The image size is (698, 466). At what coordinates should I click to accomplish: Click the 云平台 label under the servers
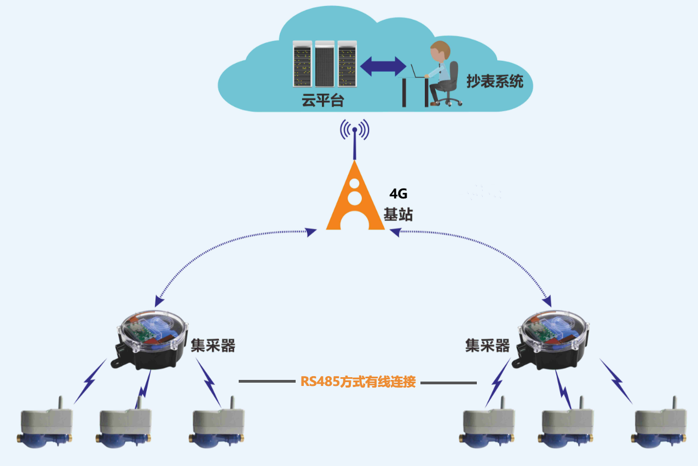click(323, 100)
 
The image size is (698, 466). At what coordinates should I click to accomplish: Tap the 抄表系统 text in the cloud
click(495, 81)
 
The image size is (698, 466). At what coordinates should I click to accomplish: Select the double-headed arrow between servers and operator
click(383, 66)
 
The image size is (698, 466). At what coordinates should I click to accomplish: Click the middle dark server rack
click(325, 64)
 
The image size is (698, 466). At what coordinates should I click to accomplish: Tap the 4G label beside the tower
click(398, 194)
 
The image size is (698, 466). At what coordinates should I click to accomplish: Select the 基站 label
click(398, 214)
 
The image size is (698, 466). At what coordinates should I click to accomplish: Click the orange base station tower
click(355, 197)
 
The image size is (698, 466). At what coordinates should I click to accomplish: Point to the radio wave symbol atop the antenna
click(355, 129)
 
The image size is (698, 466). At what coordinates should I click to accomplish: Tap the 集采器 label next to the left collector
click(213, 345)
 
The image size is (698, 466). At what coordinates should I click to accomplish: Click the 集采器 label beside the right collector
click(487, 345)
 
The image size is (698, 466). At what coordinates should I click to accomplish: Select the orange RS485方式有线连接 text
click(358, 382)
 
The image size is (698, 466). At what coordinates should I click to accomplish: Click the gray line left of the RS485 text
click(267, 381)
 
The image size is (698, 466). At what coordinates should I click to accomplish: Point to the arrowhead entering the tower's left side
click(310, 232)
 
